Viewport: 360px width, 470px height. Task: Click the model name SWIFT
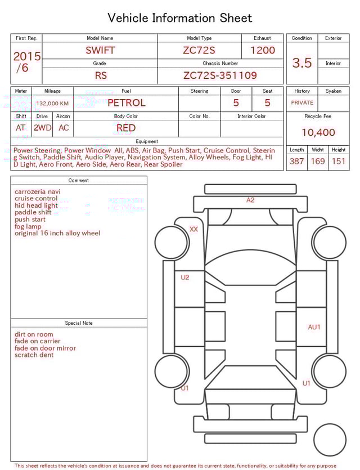tap(100, 50)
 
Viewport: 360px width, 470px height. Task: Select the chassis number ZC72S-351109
tap(220, 75)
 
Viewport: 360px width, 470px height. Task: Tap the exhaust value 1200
tap(263, 50)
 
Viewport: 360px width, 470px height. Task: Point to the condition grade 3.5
tap(302, 63)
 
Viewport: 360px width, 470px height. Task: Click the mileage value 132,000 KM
tap(52, 104)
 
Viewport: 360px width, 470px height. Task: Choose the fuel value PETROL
tap(126, 103)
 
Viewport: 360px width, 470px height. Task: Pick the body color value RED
tap(126, 128)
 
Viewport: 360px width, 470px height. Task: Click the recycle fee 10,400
tap(318, 133)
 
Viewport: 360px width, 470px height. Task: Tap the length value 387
tap(296, 162)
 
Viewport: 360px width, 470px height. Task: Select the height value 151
tap(338, 162)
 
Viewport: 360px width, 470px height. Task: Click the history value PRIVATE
tap(302, 103)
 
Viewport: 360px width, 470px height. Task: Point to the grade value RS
tap(100, 75)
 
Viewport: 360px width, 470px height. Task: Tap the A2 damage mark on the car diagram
tap(250, 200)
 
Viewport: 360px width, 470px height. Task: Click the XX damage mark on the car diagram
tap(194, 229)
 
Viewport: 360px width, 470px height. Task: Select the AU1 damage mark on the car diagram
tap(314, 327)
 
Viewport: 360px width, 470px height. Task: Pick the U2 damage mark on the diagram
tap(184, 277)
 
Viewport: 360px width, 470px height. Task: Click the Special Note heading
tap(79, 323)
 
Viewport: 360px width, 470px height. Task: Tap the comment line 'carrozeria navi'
tap(38, 191)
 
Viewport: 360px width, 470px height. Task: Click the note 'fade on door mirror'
tap(45, 348)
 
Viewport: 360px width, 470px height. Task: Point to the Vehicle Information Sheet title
tap(180, 18)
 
